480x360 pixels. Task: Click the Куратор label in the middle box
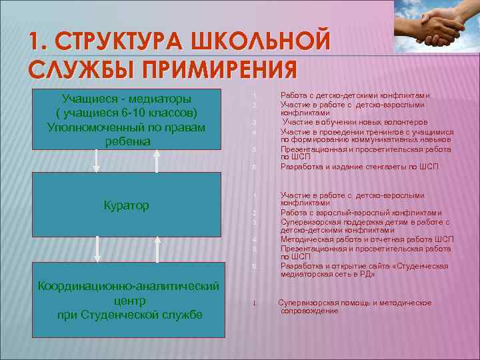click(126, 205)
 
